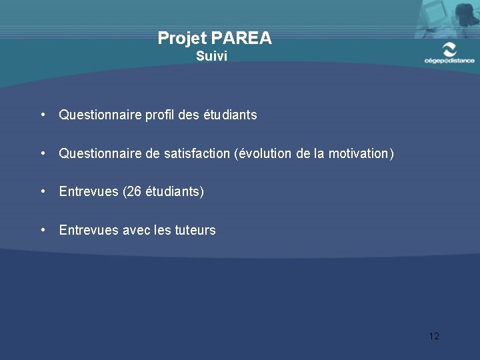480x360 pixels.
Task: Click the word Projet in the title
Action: click(182, 39)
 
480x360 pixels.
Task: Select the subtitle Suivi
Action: click(212, 57)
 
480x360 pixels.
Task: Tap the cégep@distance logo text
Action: click(449, 61)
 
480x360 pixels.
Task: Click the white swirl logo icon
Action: click(450, 49)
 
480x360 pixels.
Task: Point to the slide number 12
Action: click(434, 336)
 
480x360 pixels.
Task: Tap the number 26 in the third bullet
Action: click(133, 192)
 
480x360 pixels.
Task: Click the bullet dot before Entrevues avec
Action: click(42, 230)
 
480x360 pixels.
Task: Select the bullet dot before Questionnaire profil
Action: click(42, 115)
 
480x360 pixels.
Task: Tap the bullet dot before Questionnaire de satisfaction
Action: click(42, 153)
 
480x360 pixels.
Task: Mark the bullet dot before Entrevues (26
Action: click(42, 191)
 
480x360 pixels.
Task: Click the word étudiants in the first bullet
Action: click(230, 115)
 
